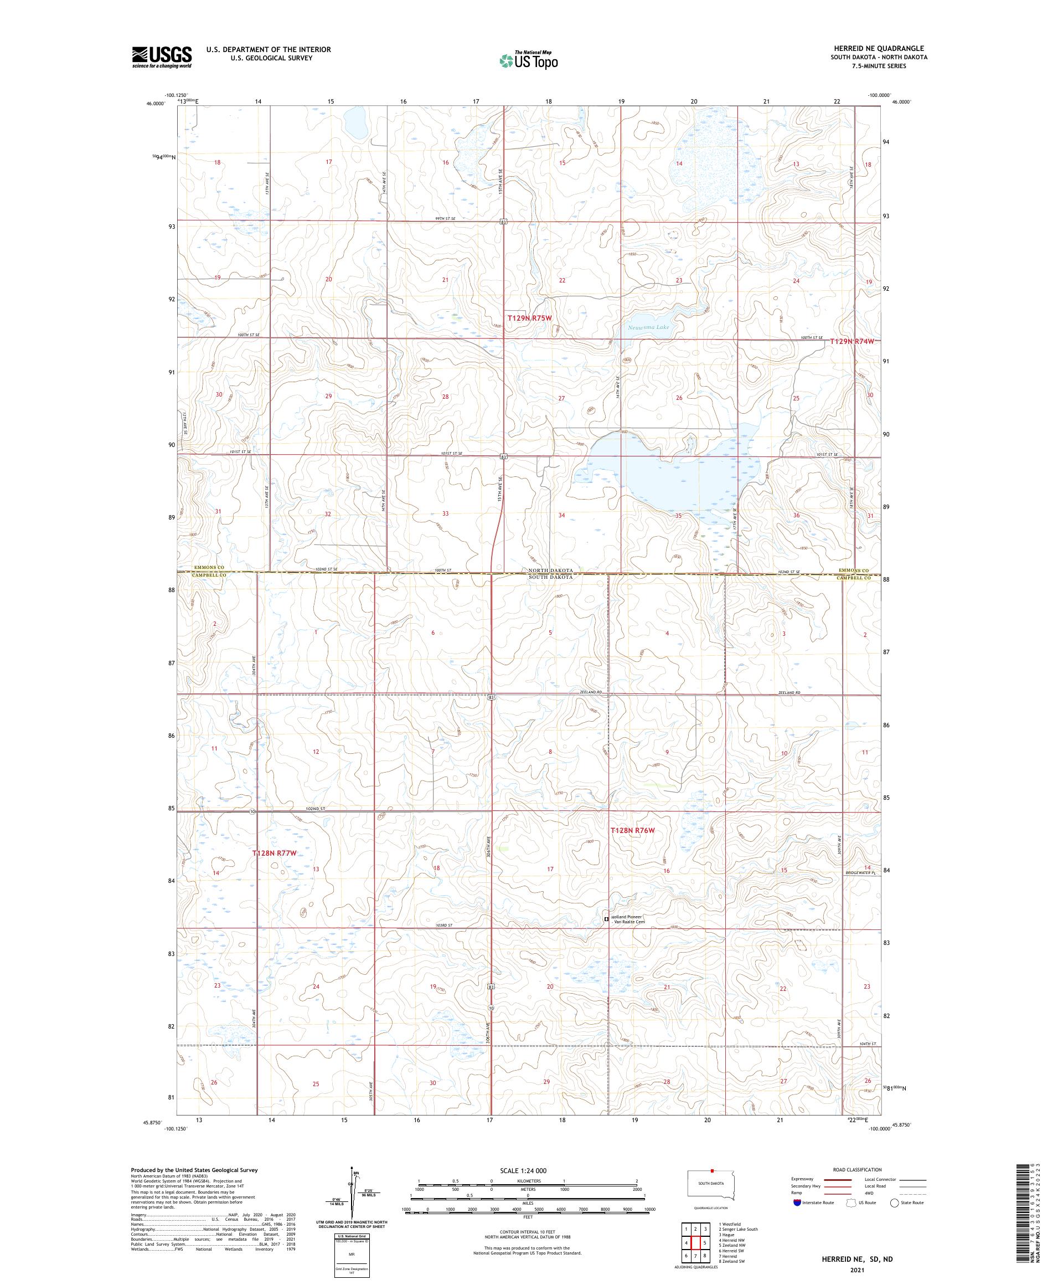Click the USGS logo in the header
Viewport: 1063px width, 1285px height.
tap(162, 57)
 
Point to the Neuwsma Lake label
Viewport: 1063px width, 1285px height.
tap(648, 327)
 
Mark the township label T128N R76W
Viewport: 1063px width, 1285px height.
tap(633, 830)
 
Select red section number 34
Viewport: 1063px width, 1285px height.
tap(561, 515)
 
